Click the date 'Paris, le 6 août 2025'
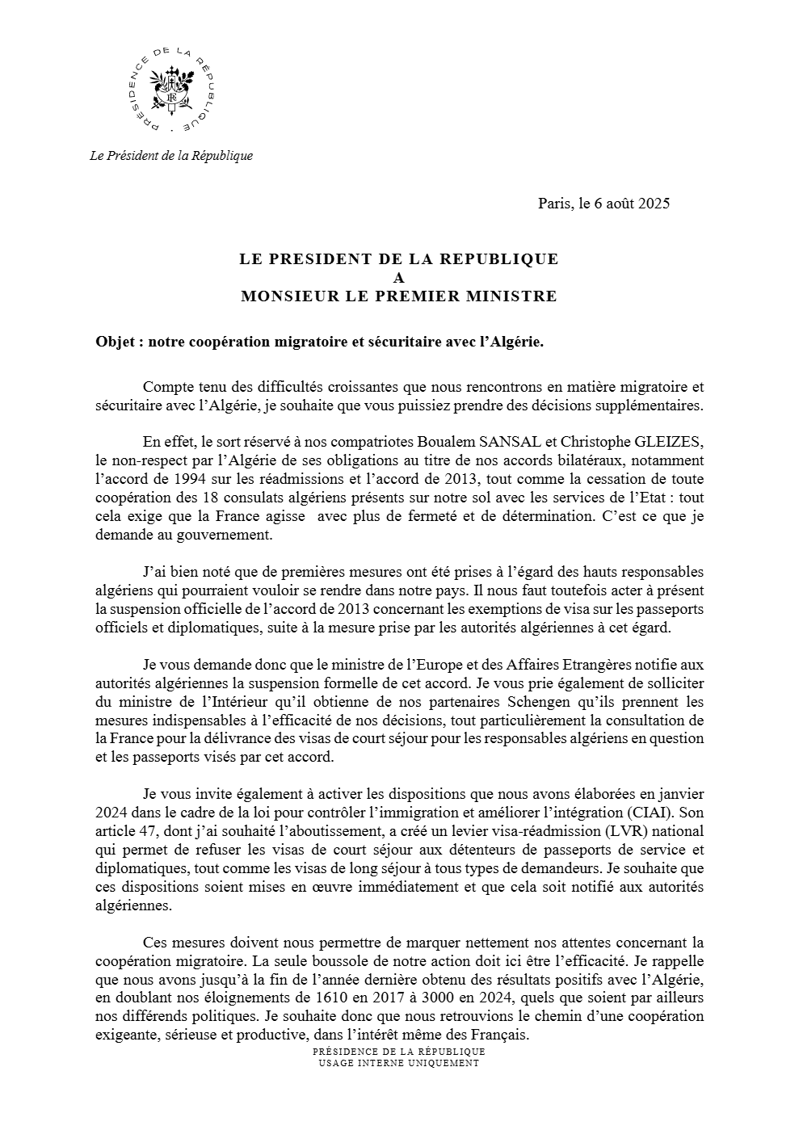tap(603, 203)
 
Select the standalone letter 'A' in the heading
tap(398, 278)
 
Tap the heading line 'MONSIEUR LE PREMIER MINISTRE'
tap(398, 296)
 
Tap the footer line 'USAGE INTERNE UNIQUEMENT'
tap(399, 1063)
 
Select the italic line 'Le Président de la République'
tap(171, 156)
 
